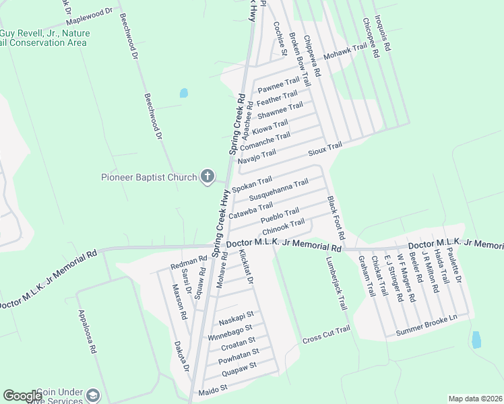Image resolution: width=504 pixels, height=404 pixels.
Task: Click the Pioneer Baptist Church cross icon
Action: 208,177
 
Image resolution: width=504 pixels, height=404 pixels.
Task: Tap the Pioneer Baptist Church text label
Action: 149,177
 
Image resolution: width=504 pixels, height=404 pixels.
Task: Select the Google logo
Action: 22,396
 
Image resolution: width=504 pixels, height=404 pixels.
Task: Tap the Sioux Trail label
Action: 325,148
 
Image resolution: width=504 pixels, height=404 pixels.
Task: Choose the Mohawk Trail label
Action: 344,52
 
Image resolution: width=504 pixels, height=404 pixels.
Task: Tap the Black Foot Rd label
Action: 336,218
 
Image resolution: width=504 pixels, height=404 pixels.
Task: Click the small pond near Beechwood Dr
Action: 183,94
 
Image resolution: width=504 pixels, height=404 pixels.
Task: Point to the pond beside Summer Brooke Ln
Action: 476,340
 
